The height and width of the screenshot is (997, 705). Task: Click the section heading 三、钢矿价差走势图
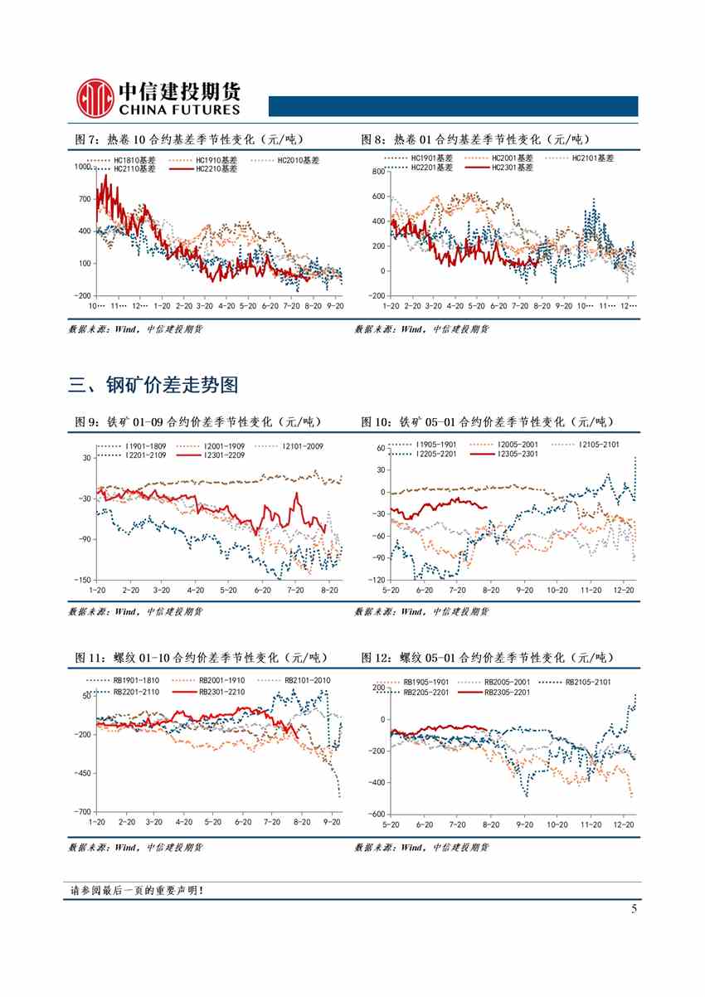[153, 385]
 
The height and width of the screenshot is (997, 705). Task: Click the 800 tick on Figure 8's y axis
[377, 172]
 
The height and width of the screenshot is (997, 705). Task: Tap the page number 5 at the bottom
[634, 908]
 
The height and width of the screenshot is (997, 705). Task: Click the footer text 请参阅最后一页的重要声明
[137, 891]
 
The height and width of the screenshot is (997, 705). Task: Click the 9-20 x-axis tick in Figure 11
[332, 822]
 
